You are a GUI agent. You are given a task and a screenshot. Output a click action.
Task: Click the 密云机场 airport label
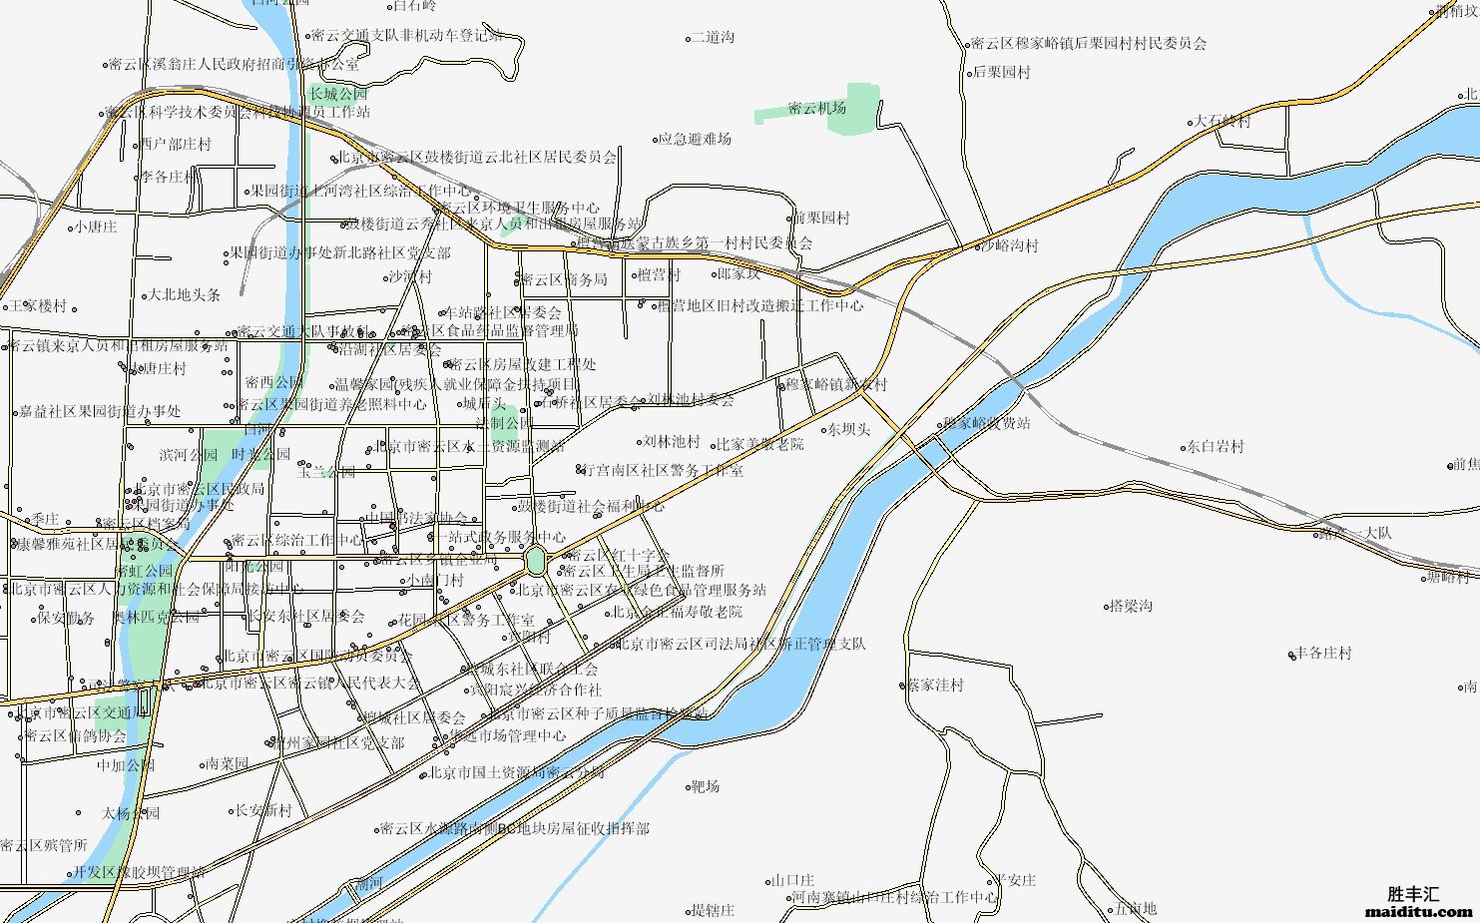click(x=816, y=108)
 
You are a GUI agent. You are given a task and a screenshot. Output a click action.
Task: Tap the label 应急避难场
click(x=697, y=140)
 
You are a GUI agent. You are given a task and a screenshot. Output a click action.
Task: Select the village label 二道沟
click(x=713, y=38)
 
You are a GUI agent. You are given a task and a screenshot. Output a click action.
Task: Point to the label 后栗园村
click(x=1001, y=73)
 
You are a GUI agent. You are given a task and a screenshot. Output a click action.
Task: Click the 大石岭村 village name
click(x=1223, y=122)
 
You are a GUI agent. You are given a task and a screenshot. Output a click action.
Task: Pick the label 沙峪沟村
click(x=1009, y=245)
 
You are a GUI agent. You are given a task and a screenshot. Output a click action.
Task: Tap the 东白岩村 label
click(x=1215, y=447)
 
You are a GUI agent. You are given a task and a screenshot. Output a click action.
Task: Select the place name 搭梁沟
click(x=1131, y=606)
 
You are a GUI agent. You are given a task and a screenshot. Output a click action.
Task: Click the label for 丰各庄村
click(x=1323, y=654)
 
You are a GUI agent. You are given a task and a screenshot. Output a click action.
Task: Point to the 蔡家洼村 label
click(x=935, y=686)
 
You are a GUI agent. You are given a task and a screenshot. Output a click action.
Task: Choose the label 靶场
click(x=706, y=786)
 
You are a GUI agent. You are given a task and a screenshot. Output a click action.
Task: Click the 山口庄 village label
click(x=793, y=880)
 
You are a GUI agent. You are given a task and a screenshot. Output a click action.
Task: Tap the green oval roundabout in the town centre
click(x=536, y=561)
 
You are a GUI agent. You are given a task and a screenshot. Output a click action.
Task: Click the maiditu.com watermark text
click(x=1417, y=911)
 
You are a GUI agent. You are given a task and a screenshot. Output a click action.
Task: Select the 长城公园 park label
click(x=338, y=94)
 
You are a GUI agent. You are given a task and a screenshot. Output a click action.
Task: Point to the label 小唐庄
click(x=96, y=228)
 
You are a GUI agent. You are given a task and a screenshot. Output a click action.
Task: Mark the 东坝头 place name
click(x=848, y=430)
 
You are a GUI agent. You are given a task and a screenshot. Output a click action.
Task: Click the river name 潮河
click(x=369, y=883)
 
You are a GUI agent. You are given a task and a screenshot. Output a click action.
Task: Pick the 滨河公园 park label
click(x=188, y=455)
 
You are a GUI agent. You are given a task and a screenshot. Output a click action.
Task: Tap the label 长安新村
click(x=263, y=810)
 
